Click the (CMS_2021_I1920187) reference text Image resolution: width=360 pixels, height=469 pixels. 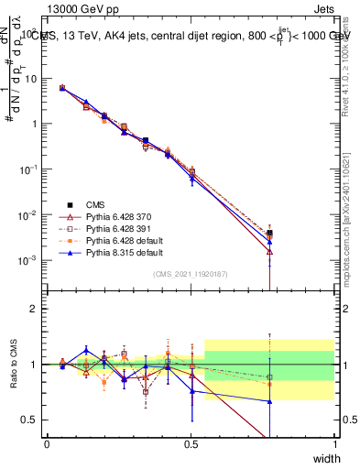pyautogui.click(x=191, y=272)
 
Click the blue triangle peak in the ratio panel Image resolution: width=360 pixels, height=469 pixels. pyautogui.click(x=86, y=350)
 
